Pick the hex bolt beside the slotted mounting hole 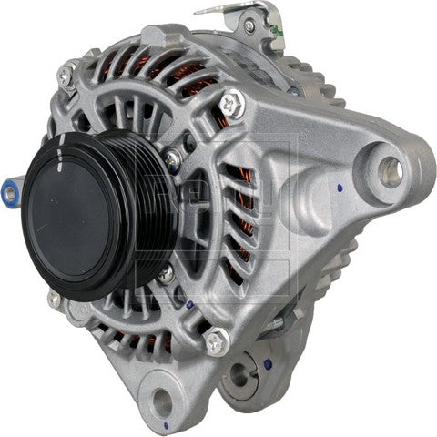(x=216, y=343)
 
